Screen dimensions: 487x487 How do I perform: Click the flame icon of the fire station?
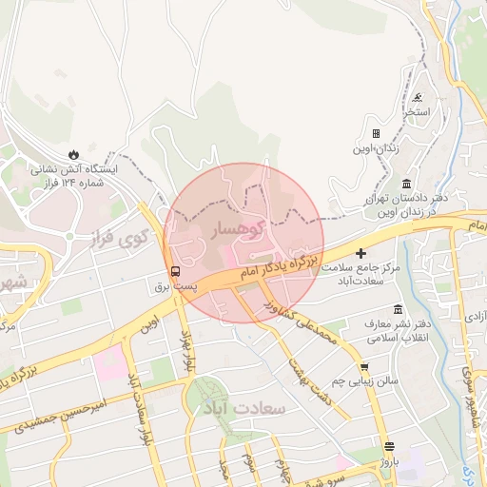(73, 153)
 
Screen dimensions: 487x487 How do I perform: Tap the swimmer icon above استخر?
(419, 98)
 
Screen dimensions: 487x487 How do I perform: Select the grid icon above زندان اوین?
(376, 134)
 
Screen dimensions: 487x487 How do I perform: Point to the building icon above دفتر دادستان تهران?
(406, 183)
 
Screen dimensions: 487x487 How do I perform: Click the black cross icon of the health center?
(360, 253)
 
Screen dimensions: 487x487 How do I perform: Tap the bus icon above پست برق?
(174, 270)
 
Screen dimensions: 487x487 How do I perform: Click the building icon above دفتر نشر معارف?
(398, 310)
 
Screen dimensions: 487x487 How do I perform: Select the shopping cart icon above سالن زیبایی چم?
(363, 366)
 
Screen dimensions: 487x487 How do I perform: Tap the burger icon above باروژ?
(388, 447)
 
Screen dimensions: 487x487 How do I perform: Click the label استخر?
(416, 112)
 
